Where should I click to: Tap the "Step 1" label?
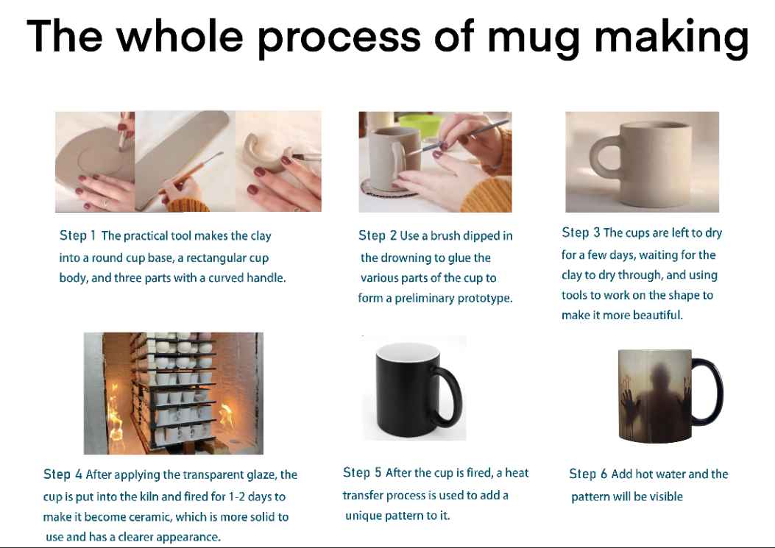(x=77, y=235)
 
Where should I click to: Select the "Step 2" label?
(x=378, y=235)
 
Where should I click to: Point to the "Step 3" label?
(x=581, y=232)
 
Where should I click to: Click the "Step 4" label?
(x=63, y=474)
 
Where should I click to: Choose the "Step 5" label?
(x=362, y=472)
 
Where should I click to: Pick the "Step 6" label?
(x=588, y=474)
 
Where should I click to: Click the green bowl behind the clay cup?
(x=419, y=126)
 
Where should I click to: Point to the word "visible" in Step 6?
(x=666, y=496)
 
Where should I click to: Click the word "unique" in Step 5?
(x=362, y=516)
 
